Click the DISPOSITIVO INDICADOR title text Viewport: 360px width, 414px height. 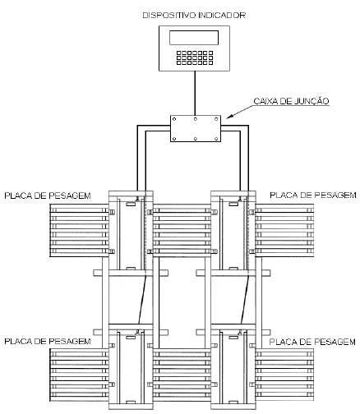coord(194,16)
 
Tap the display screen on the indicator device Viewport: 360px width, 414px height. coord(194,38)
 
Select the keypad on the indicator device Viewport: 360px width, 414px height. coord(195,57)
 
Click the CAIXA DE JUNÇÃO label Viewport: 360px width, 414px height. coord(291,101)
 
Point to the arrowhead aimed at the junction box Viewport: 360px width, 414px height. coord(229,117)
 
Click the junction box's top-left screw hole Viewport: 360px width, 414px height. coord(174,119)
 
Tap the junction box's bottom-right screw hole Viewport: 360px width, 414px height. coord(216,139)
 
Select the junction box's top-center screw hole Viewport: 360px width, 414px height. coord(195,119)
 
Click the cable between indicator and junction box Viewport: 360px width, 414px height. coord(195,93)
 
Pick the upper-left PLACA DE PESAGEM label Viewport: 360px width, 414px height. coord(48,195)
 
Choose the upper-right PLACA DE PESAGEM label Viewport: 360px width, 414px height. coord(313,195)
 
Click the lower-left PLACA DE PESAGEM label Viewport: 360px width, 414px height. coord(48,342)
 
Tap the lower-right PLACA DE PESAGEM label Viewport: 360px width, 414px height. coord(312,342)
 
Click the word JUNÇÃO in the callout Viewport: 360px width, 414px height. coord(312,101)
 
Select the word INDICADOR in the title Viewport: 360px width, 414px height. coord(222,16)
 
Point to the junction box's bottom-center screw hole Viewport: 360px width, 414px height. coord(195,139)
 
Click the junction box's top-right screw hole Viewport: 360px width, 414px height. coord(216,119)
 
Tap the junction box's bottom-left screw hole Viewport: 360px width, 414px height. coord(174,139)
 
